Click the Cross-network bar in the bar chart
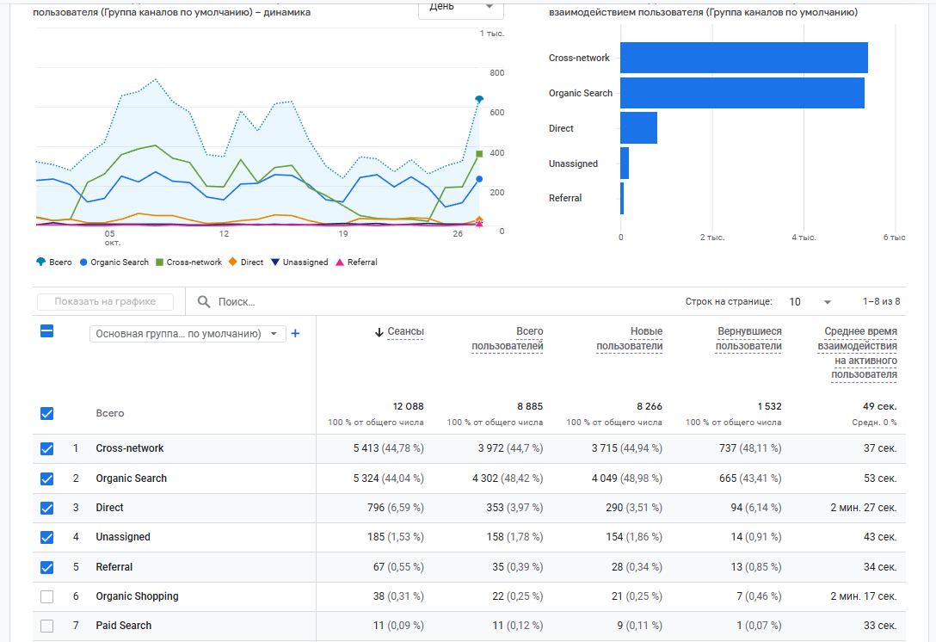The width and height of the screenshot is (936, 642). [743, 58]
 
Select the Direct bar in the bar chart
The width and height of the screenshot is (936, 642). [638, 128]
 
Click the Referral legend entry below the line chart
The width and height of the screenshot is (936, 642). [356, 262]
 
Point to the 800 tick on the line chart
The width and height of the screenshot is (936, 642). [496, 73]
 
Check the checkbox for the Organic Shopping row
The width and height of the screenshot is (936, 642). [47, 596]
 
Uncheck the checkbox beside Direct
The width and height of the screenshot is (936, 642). [47, 508]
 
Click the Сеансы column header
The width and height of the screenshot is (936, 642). [405, 331]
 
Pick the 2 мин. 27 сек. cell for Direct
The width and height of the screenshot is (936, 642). [863, 508]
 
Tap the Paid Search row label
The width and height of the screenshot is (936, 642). [123, 626]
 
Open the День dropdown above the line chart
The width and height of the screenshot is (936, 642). [461, 7]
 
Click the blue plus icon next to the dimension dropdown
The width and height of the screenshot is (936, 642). [295, 334]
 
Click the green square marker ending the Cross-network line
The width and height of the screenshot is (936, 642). [479, 154]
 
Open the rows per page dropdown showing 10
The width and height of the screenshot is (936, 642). [810, 302]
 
